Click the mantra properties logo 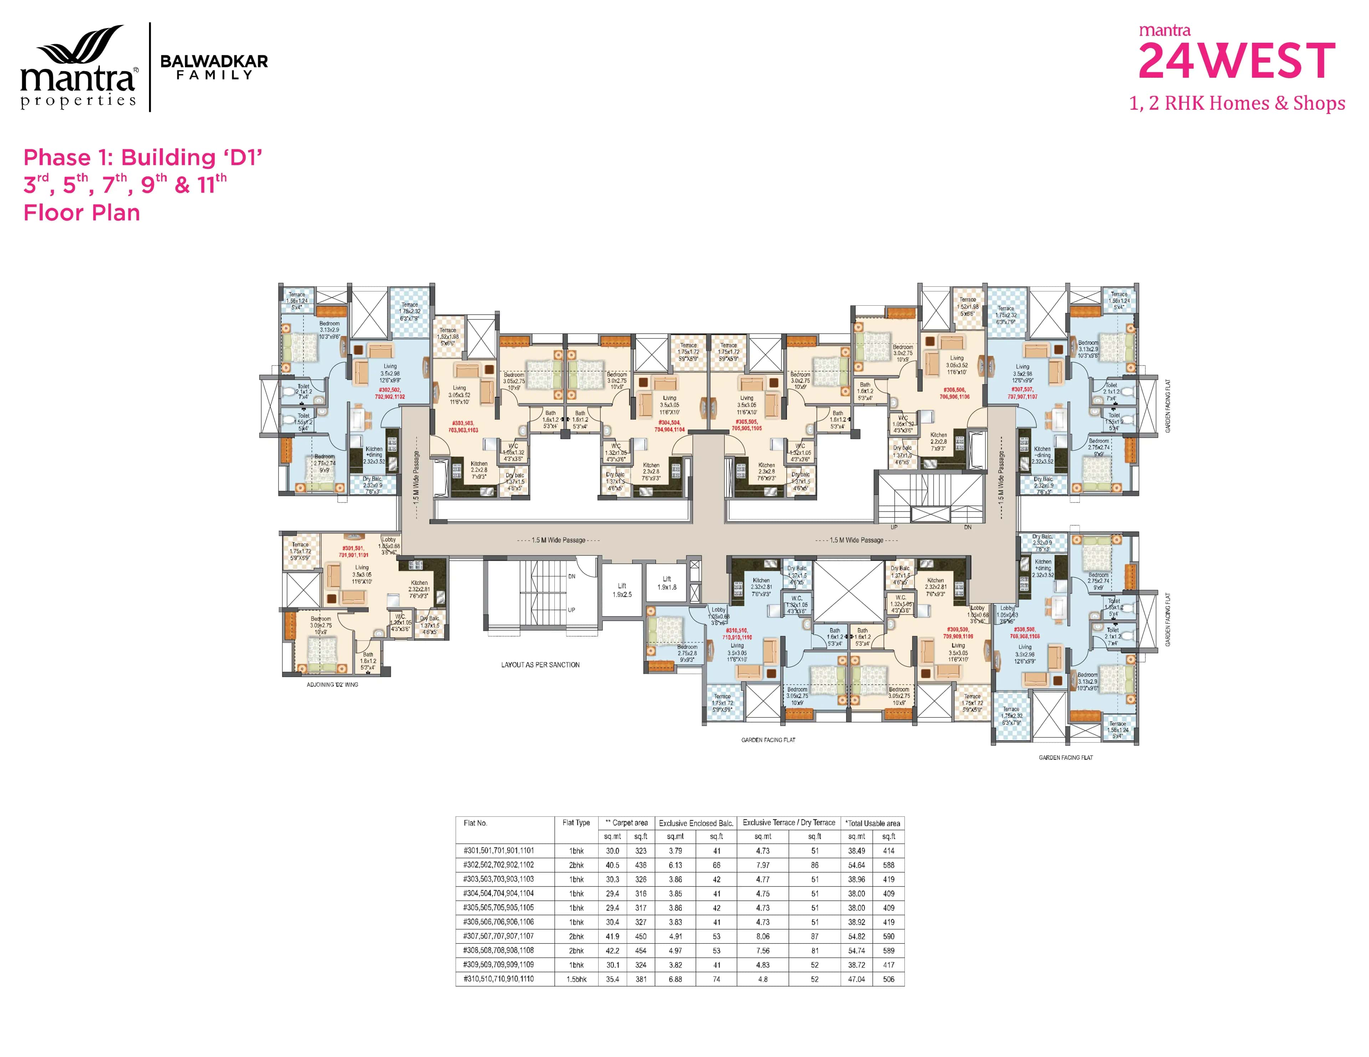[78, 68]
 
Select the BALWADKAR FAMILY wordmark [214, 67]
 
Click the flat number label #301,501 [354, 551]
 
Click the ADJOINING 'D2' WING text [332, 685]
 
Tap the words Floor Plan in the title [82, 213]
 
